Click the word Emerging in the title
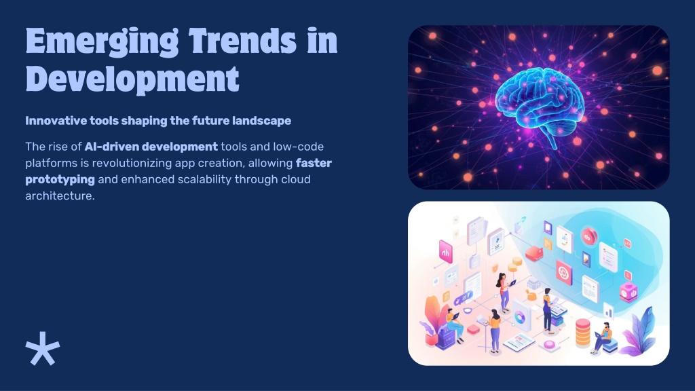[102, 41]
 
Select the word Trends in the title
[242, 40]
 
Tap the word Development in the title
[132, 80]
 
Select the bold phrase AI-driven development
[151, 147]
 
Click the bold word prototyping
[60, 179]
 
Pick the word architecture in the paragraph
[60, 195]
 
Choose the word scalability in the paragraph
[204, 179]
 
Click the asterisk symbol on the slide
[43, 348]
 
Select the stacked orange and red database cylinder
[583, 333]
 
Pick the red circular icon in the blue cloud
[588, 237]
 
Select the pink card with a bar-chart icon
[445, 252]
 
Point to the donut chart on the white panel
[520, 316]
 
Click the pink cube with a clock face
[628, 293]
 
